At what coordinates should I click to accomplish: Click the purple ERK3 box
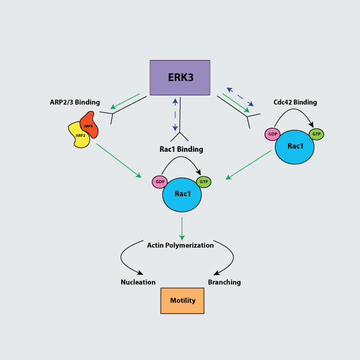[x=179, y=77]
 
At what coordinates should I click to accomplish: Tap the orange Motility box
[x=182, y=301]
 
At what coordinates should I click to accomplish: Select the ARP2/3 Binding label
[x=75, y=102]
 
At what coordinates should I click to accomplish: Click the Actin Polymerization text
[x=180, y=245]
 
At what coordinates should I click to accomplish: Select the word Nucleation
[x=138, y=282]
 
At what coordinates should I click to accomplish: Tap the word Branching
[x=224, y=282]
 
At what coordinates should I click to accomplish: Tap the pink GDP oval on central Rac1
[x=160, y=182]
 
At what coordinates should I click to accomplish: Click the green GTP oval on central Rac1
[x=203, y=181]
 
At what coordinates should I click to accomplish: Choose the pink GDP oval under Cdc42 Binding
[x=272, y=134]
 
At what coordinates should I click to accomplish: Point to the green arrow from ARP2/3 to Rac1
[x=118, y=160]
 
